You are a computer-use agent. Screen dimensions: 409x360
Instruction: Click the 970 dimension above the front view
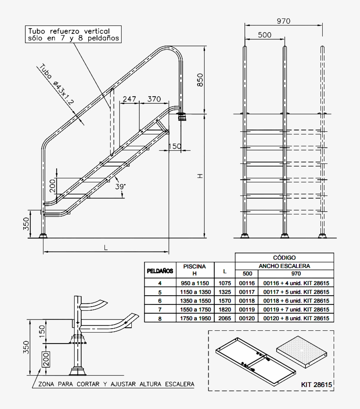(x=284, y=21)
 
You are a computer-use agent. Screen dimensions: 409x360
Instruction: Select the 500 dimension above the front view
(x=264, y=35)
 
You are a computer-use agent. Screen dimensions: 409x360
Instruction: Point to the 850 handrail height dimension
(x=200, y=80)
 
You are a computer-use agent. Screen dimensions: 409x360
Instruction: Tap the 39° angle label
(x=120, y=186)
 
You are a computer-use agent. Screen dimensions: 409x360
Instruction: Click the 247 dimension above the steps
(x=129, y=99)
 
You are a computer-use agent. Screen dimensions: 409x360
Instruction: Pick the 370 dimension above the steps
(x=154, y=99)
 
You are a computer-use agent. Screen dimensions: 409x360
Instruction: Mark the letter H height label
(x=200, y=176)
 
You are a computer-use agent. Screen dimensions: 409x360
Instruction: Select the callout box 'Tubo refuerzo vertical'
(x=73, y=35)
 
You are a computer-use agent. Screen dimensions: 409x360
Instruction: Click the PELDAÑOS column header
(x=160, y=271)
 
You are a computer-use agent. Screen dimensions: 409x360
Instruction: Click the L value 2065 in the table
(x=225, y=319)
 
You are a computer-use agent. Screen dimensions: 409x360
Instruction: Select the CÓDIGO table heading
(x=284, y=257)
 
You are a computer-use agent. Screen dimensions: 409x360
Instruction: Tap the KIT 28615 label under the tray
(x=316, y=384)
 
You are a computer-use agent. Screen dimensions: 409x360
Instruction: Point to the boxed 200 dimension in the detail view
(x=46, y=359)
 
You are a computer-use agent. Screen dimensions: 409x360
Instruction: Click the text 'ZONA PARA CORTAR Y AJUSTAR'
(x=116, y=384)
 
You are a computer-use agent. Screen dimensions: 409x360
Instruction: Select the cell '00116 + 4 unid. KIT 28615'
(x=296, y=283)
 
